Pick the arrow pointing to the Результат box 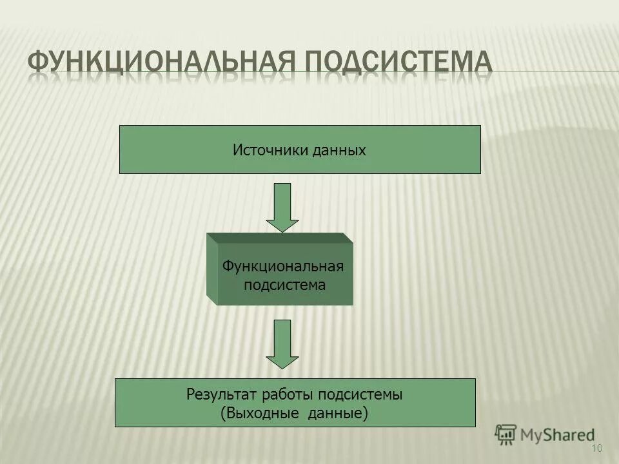point(282,343)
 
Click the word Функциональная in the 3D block point(283,266)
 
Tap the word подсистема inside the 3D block point(284,284)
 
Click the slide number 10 point(596,449)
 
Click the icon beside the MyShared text point(506,434)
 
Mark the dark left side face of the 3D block point(212,270)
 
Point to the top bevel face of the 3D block point(280,238)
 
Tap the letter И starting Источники point(237,151)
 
